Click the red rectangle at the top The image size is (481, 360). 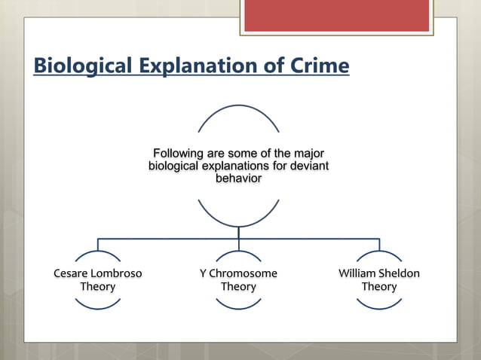point(336,15)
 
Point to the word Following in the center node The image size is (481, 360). point(180,154)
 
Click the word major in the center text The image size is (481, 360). point(308,154)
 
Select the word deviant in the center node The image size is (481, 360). point(309,166)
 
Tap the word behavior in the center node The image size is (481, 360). point(238,178)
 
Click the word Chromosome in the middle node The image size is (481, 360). point(244,273)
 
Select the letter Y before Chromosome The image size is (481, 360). point(203,273)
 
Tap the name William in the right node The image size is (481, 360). point(359,273)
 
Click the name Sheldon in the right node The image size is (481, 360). point(400,273)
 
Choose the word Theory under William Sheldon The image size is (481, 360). point(379,287)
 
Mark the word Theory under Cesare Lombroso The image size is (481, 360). point(98,287)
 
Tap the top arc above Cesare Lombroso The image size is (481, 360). point(98,252)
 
